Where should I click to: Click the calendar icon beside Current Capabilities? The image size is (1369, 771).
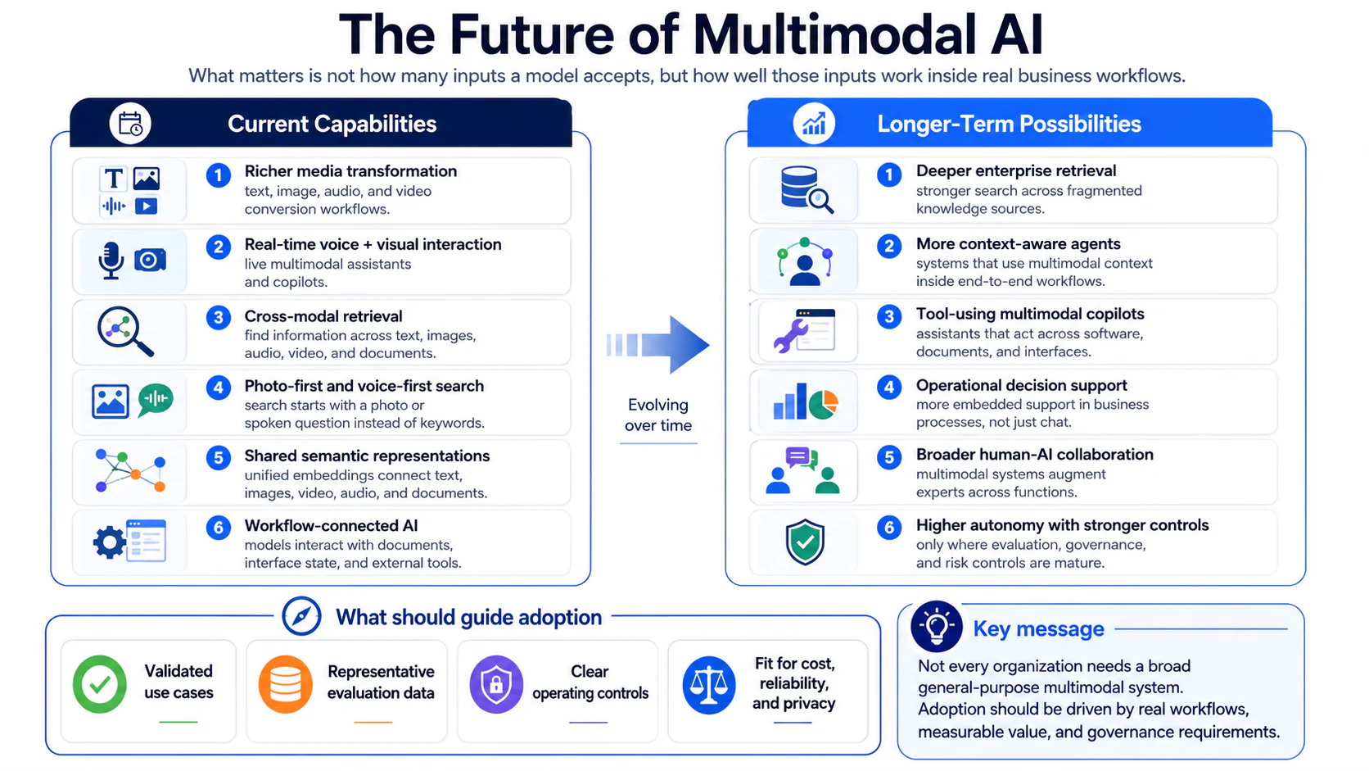tap(130, 124)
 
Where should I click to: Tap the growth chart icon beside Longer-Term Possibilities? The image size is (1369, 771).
tap(813, 124)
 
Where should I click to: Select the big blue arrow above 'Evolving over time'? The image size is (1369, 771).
tap(658, 345)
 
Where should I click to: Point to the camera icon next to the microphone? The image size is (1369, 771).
tap(150, 260)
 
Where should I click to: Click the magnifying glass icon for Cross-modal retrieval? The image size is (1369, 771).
tap(125, 331)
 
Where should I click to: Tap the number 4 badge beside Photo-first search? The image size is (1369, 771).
tap(218, 388)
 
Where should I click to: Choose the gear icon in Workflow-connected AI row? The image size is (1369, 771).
tap(110, 542)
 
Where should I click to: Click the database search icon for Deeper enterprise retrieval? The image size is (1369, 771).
tap(806, 189)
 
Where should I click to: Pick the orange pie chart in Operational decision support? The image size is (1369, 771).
tap(824, 404)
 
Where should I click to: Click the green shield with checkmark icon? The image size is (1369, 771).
tap(805, 542)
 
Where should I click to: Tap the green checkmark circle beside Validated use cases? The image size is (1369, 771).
tap(100, 684)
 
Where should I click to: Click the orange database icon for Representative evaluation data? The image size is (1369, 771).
tap(286, 684)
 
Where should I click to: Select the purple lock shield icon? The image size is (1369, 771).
tap(496, 684)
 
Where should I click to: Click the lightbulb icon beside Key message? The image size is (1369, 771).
tap(937, 627)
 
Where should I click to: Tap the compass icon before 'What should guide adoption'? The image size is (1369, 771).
tap(301, 616)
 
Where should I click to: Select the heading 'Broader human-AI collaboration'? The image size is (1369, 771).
tap(1035, 455)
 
